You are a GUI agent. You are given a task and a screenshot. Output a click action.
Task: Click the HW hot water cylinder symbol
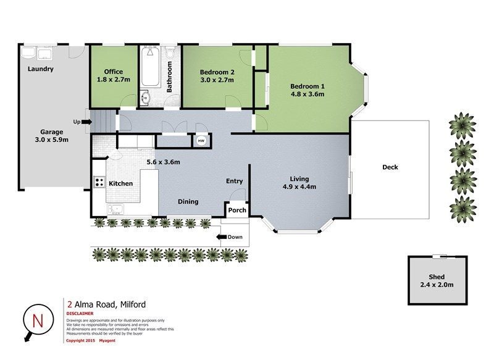point(201,140)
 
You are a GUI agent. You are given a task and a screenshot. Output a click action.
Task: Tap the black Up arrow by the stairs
point(86,122)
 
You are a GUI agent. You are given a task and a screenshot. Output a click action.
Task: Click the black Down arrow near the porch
point(222,237)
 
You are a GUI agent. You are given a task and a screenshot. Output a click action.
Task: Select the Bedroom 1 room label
point(307,90)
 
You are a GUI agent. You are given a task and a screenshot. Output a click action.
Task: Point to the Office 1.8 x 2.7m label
point(114,75)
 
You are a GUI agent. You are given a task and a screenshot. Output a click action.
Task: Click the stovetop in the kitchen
point(99,182)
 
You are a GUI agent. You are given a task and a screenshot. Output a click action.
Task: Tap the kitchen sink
point(115,209)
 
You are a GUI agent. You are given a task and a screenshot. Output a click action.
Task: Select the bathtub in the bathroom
point(150,67)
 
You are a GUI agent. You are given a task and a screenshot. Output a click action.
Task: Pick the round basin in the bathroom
point(145,98)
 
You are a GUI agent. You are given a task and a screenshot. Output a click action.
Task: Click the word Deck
point(390,167)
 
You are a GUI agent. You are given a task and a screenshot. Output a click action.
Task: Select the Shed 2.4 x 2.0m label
point(437,280)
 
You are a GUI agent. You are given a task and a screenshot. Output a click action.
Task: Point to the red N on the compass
point(38,320)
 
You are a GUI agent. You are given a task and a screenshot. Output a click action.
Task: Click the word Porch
point(237,210)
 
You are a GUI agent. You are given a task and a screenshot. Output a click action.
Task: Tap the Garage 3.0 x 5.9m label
point(51,136)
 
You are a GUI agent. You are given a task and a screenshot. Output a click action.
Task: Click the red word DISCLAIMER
point(80,314)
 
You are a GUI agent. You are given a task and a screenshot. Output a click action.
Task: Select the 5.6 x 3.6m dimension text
point(163,162)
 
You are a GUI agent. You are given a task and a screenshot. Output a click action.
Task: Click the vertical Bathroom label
point(169,77)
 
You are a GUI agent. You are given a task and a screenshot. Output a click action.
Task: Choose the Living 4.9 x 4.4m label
point(299,183)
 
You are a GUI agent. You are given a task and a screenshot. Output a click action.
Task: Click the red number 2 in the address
point(70,304)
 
